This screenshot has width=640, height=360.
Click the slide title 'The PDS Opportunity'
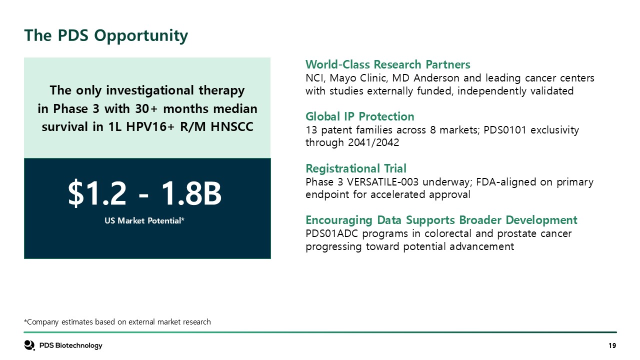point(106,35)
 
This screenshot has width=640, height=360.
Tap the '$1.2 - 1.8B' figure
point(144,193)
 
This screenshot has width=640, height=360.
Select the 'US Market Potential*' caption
point(144,220)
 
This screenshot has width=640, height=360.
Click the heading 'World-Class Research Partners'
point(387,64)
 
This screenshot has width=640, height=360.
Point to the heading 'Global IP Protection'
point(359,116)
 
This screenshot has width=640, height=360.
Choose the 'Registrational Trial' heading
point(356,168)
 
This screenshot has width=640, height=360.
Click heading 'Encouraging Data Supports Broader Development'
point(441,220)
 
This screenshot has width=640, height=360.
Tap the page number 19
point(612,345)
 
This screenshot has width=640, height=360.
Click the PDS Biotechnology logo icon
point(29,345)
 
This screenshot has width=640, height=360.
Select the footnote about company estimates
point(117,322)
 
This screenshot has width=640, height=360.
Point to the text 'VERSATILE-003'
point(382,182)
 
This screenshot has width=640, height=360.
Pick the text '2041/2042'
point(373,142)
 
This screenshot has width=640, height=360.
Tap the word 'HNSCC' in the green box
point(232,127)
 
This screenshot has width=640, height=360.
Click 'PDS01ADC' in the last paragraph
point(331,233)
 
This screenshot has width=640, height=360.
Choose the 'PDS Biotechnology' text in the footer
point(70,345)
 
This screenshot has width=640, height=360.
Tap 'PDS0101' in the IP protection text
point(505,130)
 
